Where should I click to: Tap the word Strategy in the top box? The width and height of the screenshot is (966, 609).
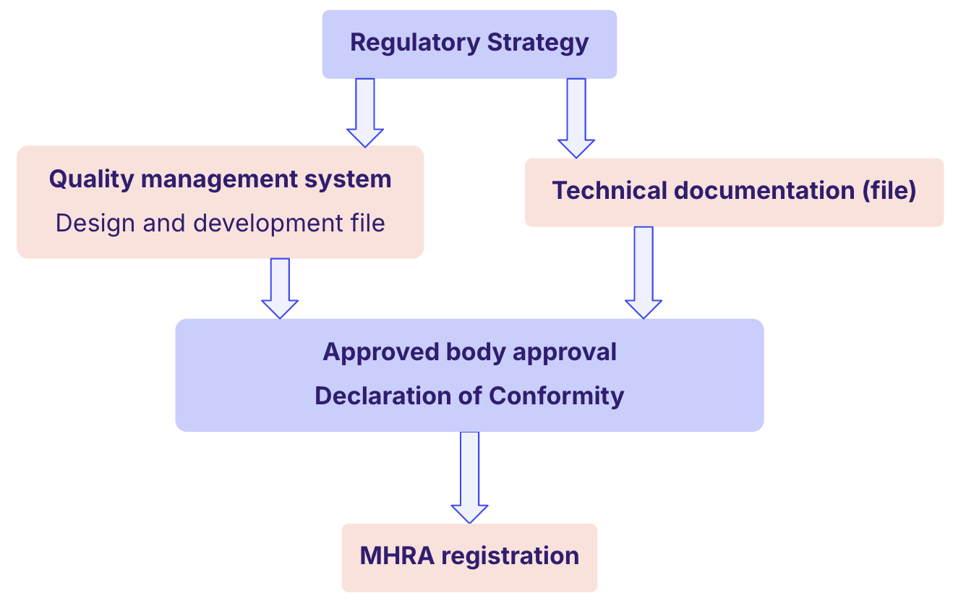(x=538, y=43)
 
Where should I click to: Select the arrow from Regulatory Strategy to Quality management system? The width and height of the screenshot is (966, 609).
(x=365, y=112)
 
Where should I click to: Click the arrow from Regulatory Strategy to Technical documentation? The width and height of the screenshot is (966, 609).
(x=576, y=117)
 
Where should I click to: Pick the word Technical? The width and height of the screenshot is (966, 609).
(x=610, y=191)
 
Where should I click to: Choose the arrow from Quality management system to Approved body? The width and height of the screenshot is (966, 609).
(x=280, y=288)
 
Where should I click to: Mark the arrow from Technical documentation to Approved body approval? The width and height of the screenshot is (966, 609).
(x=644, y=272)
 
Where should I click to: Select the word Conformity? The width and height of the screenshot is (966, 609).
(x=556, y=396)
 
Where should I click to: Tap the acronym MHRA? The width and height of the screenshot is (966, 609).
(x=397, y=556)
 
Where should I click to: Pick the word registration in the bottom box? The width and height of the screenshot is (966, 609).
(x=510, y=556)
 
